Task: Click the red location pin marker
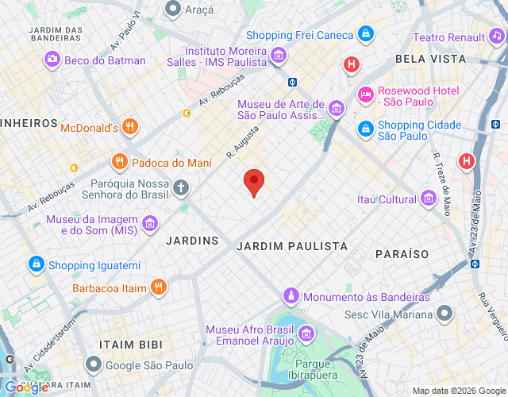[x=254, y=182]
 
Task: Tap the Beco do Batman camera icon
[x=52, y=60]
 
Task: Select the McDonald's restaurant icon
[x=131, y=127]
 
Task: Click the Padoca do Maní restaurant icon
[x=119, y=163]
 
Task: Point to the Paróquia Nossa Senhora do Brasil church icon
[x=182, y=188]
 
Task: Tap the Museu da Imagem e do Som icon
[x=149, y=225]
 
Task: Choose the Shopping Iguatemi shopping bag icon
[x=36, y=264]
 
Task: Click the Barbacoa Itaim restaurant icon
[x=159, y=287]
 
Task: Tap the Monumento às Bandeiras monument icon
[x=291, y=296]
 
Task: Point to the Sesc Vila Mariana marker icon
[x=445, y=314]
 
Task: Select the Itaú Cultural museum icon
[x=429, y=198]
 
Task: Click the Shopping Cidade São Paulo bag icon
[x=365, y=128]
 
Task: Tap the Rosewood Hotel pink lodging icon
[x=365, y=94]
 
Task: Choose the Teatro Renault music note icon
[x=497, y=37]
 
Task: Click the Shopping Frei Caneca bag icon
[x=365, y=34]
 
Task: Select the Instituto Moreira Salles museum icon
[x=278, y=56]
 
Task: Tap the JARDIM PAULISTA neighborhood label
[x=292, y=247]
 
